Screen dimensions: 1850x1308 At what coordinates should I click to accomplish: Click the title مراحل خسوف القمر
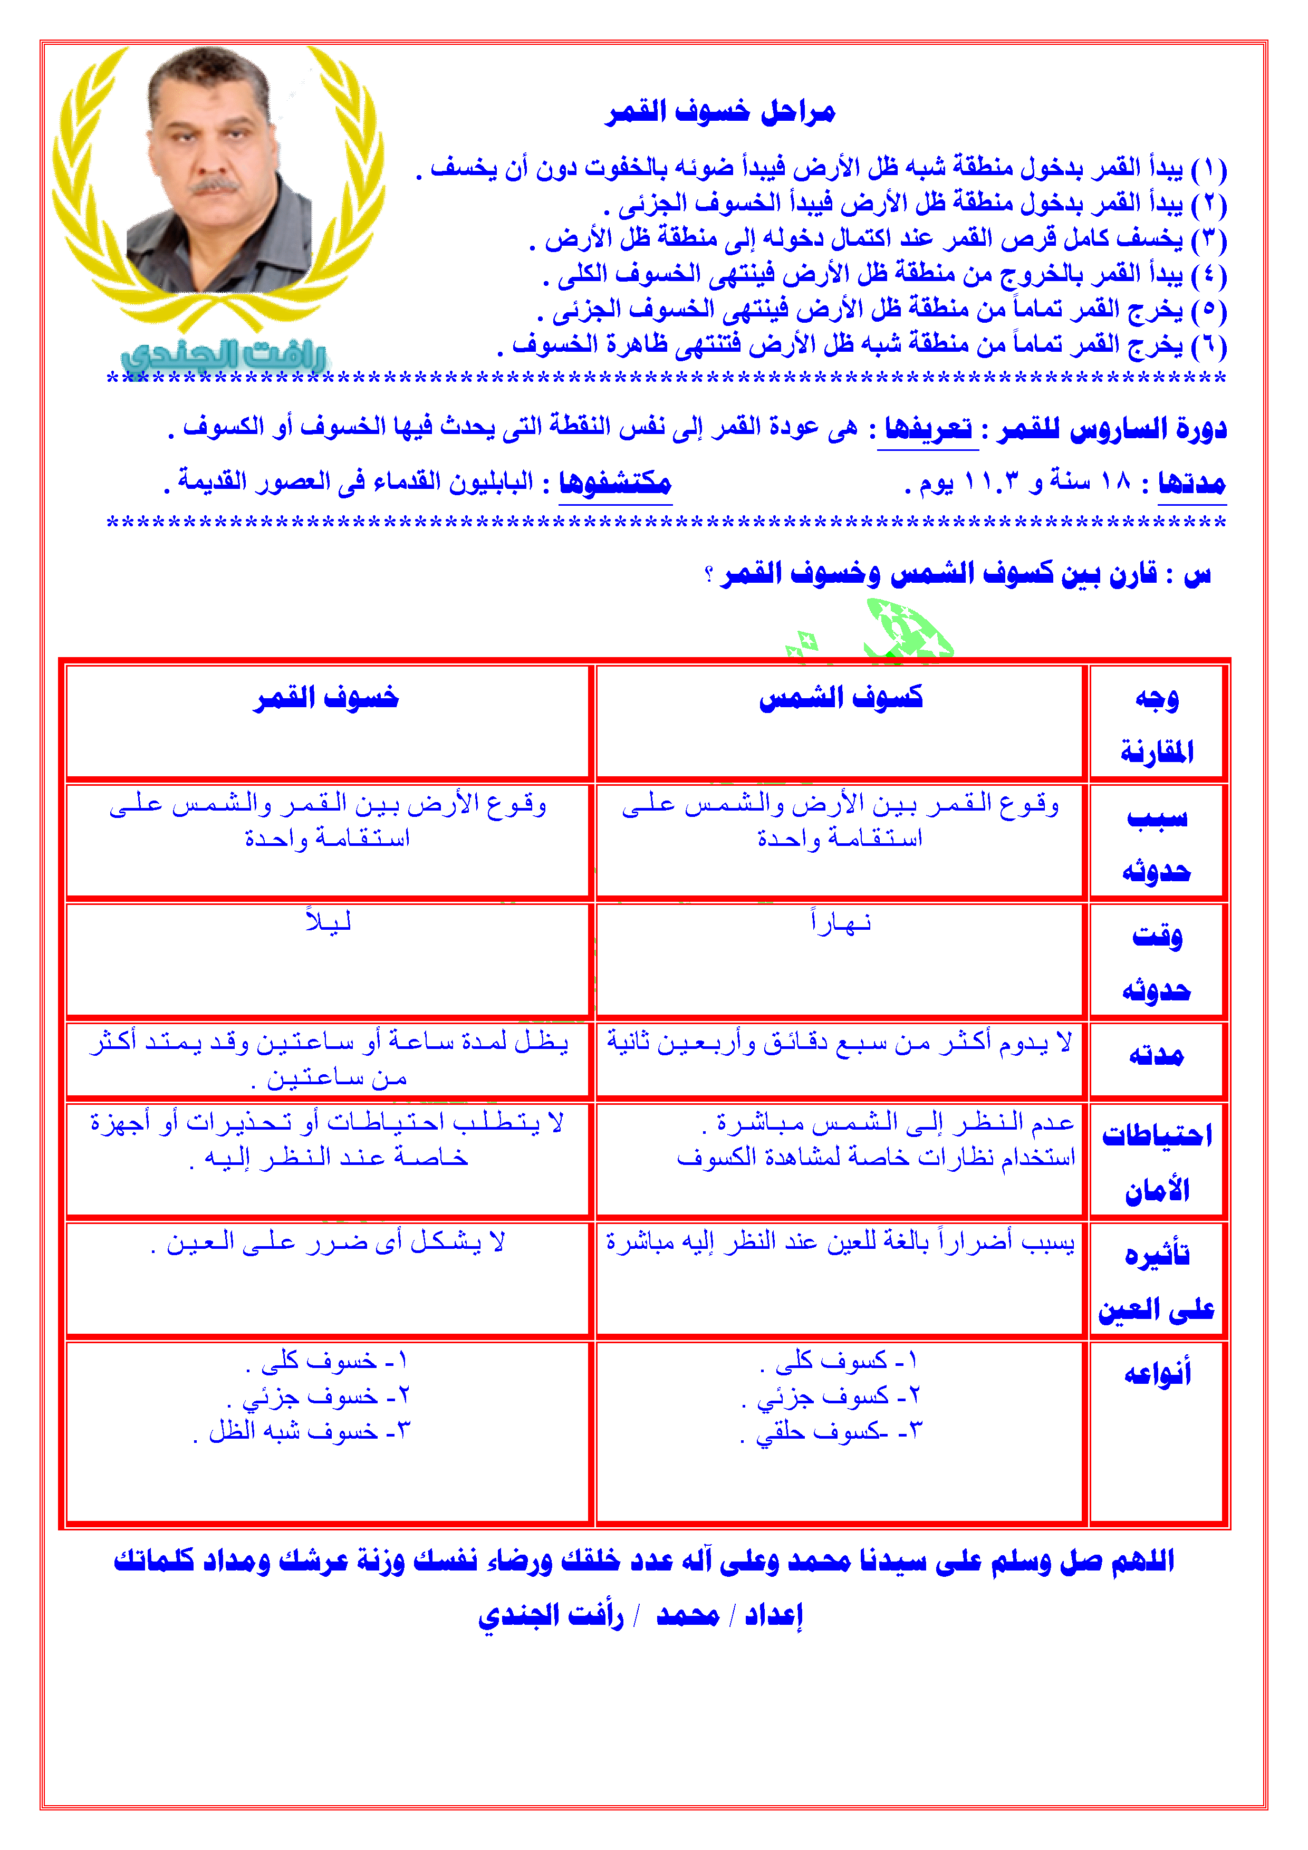point(720,111)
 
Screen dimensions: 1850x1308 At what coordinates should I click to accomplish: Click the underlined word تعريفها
point(928,428)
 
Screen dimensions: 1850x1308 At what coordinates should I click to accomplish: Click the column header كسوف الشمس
point(841,698)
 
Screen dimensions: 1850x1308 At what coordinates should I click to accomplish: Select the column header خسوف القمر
point(326,698)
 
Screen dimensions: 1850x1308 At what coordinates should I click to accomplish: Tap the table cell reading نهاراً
point(841,921)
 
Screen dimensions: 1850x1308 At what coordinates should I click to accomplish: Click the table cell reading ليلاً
point(328,921)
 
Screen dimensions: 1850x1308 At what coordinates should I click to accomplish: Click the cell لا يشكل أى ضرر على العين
point(328,1242)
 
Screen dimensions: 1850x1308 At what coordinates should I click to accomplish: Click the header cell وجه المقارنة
point(1157,725)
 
